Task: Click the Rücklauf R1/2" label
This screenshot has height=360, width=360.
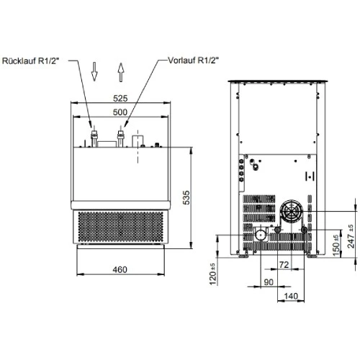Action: click(30, 61)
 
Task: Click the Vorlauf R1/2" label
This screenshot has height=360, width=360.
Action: click(194, 60)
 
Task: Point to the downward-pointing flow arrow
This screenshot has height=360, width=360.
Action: click(94, 71)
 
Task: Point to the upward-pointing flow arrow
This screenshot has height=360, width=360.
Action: click(121, 72)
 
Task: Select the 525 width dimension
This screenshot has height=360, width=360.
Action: click(120, 99)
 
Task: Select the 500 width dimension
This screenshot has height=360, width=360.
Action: click(120, 112)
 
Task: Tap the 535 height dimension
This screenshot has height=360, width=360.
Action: click(186, 197)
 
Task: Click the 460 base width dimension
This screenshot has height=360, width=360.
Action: click(120, 269)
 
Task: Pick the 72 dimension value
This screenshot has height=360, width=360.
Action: click(284, 265)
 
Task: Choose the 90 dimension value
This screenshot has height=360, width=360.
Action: click(269, 282)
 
